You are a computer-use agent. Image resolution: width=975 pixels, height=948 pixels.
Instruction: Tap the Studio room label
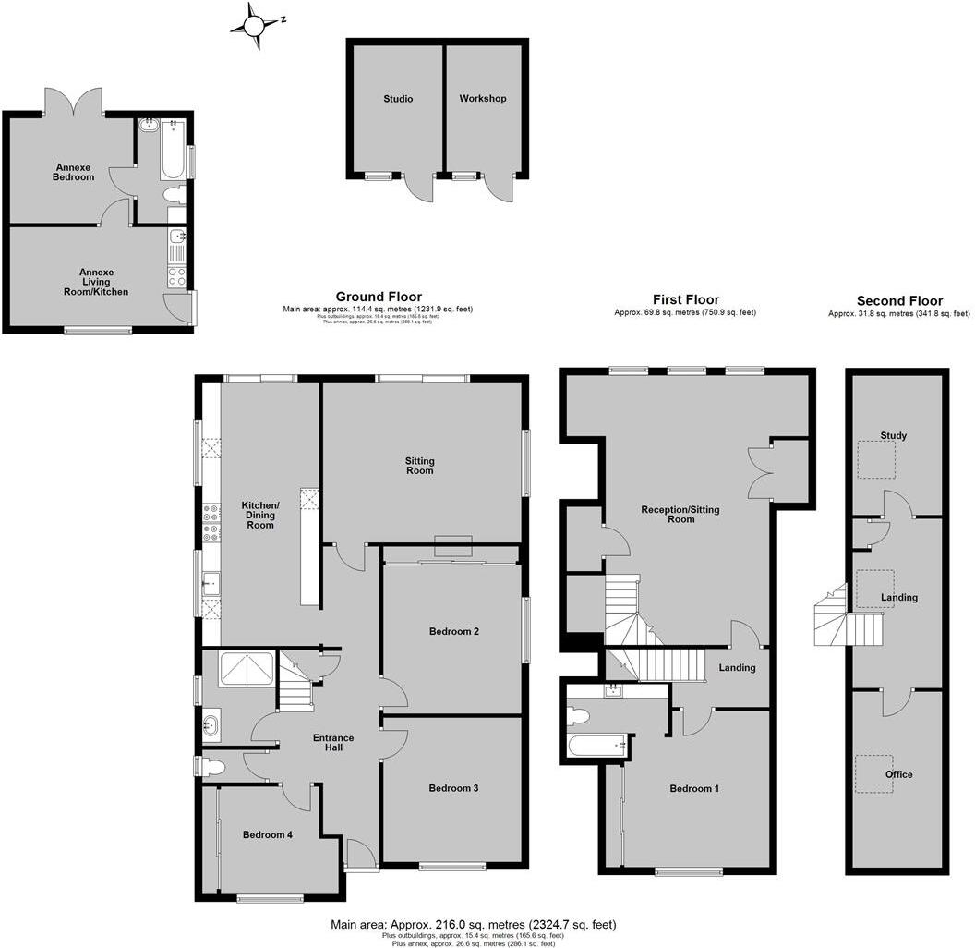398,99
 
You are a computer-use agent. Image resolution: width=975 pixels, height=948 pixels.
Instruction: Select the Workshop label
483,99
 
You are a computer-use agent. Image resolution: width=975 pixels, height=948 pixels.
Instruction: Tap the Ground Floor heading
379,298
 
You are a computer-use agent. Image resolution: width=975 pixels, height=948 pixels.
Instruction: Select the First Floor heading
684,300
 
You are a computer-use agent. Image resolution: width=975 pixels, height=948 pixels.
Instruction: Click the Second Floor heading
899,301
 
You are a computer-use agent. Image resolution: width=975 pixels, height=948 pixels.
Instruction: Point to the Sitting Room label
420,466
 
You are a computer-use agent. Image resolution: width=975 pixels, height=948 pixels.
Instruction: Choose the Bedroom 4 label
268,834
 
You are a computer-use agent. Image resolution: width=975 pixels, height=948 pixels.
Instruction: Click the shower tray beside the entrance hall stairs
246,669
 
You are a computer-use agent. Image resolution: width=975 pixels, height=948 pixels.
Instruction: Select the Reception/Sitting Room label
680,514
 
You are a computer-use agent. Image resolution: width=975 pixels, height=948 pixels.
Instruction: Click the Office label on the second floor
898,774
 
